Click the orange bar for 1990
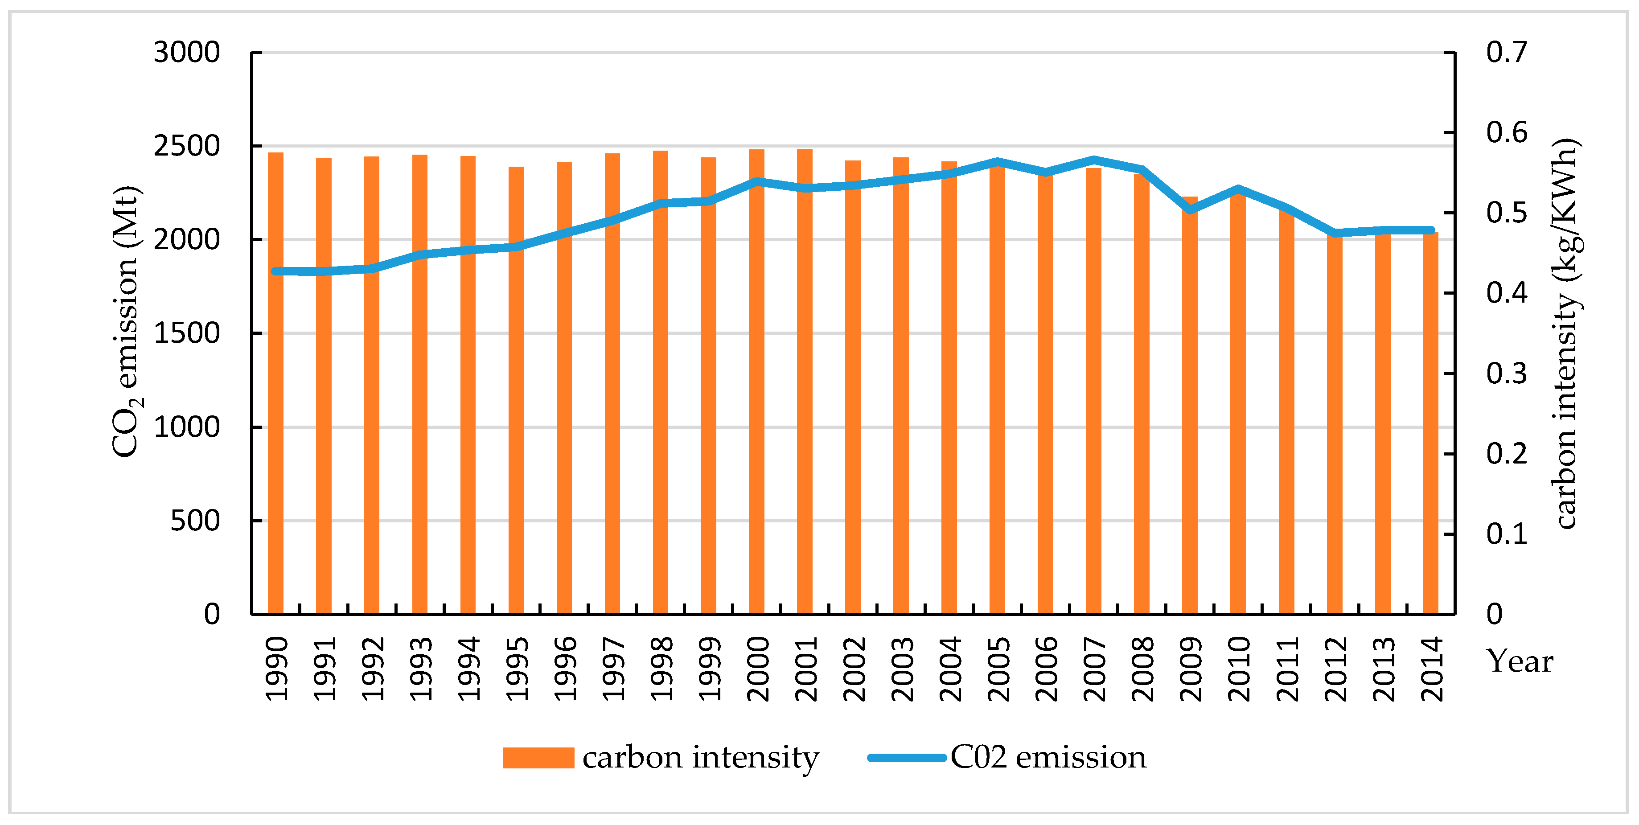pyautogui.click(x=275, y=382)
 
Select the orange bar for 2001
pyautogui.click(x=805, y=382)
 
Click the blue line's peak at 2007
pyautogui.click(x=1094, y=160)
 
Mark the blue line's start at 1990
pyautogui.click(x=275, y=271)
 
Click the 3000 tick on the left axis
pyautogui.click(x=186, y=52)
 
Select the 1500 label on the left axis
pyautogui.click(x=186, y=333)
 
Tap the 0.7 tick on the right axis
pyautogui.click(x=1506, y=52)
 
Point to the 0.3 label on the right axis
pyautogui.click(x=1506, y=374)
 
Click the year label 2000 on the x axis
pyautogui.click(x=757, y=669)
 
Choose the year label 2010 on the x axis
pyautogui.click(x=1238, y=669)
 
